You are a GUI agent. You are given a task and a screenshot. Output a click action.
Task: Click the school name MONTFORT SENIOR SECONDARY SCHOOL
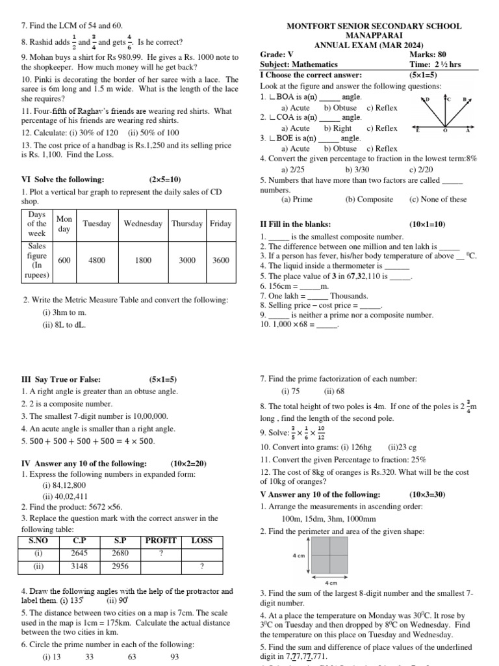pos(374,27)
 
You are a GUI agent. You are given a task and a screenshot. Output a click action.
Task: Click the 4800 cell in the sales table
pos(97,260)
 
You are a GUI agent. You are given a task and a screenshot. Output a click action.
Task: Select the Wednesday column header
pos(143,224)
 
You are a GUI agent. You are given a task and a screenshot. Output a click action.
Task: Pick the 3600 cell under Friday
pos(221,260)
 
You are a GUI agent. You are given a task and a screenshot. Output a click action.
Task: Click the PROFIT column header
pos(161,540)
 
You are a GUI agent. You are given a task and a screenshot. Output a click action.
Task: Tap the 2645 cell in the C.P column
pos(79,553)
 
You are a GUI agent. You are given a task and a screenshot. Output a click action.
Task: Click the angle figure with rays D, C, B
pos(446,114)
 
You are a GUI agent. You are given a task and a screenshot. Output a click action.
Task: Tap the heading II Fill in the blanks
pos(296,224)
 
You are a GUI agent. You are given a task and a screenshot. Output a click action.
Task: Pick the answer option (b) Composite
pos(369,200)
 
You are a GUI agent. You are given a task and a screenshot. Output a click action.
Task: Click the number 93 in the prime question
pos(174,657)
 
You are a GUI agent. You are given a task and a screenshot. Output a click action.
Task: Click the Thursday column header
pos(187,224)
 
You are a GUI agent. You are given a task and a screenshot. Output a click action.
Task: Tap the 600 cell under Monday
pos(64,260)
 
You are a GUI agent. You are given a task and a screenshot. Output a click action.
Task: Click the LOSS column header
pos(202,540)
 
